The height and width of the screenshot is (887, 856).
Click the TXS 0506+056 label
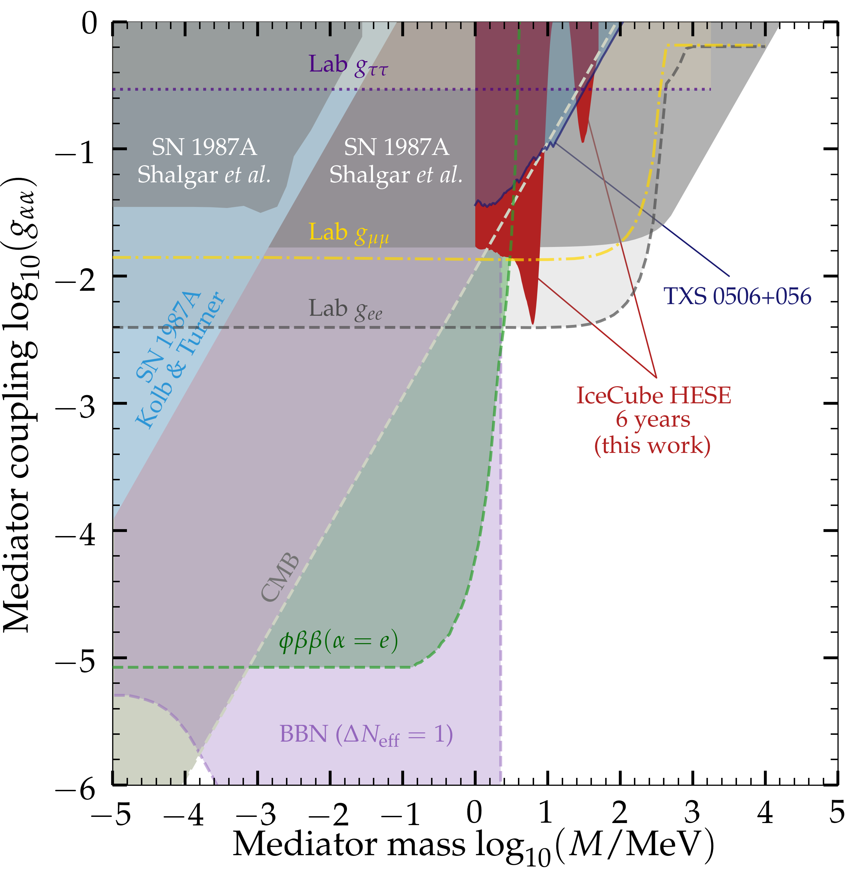click(737, 297)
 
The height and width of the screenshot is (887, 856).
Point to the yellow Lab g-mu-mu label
click(349, 233)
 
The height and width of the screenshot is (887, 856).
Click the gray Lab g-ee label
click(346, 310)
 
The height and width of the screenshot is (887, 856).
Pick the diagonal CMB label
click(280, 577)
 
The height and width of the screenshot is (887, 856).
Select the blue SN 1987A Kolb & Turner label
click(179, 360)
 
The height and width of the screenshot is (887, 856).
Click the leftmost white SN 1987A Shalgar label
click(204, 161)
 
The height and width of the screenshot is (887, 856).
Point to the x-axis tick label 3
click(692, 812)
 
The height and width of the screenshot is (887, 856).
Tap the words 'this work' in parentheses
click(652, 445)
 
